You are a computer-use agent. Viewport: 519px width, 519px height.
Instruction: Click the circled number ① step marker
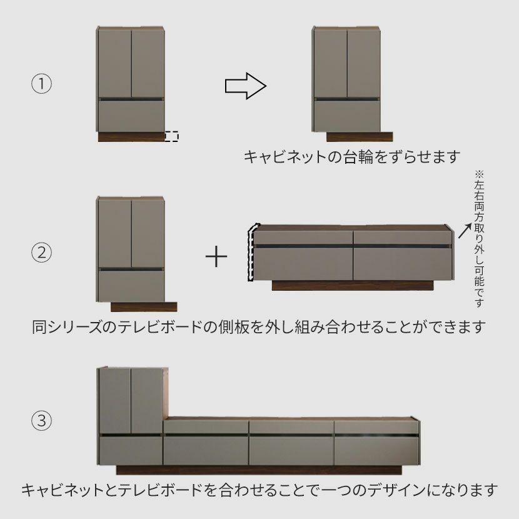point(41,83)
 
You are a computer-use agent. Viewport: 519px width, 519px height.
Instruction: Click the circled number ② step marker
point(41,253)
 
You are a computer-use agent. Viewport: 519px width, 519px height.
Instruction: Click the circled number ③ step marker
point(41,421)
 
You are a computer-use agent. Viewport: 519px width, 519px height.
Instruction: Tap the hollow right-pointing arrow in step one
point(246,86)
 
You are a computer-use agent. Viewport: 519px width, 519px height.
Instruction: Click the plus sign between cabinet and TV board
point(216,256)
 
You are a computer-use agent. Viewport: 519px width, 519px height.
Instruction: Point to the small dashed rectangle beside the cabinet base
point(171,136)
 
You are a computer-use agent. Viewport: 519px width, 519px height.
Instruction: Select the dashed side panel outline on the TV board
point(251,252)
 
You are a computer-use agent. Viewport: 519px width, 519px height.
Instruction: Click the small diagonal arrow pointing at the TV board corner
point(465,231)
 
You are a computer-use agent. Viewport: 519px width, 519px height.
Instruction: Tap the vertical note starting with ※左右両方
point(479,239)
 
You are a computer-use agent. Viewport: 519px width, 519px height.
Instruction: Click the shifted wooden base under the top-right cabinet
point(360,137)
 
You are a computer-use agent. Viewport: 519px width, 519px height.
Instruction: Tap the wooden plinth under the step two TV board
point(353,286)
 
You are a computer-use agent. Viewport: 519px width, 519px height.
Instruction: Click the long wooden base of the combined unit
point(259,470)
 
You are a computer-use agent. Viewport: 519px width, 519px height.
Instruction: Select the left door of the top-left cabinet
point(114,64)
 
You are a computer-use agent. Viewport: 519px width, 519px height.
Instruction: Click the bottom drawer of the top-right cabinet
point(347,116)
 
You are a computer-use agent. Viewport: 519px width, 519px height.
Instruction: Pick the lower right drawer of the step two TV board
point(403,264)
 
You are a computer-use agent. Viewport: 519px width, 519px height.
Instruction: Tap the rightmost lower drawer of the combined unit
point(376,451)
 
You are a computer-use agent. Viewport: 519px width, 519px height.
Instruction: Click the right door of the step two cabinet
point(148,234)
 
